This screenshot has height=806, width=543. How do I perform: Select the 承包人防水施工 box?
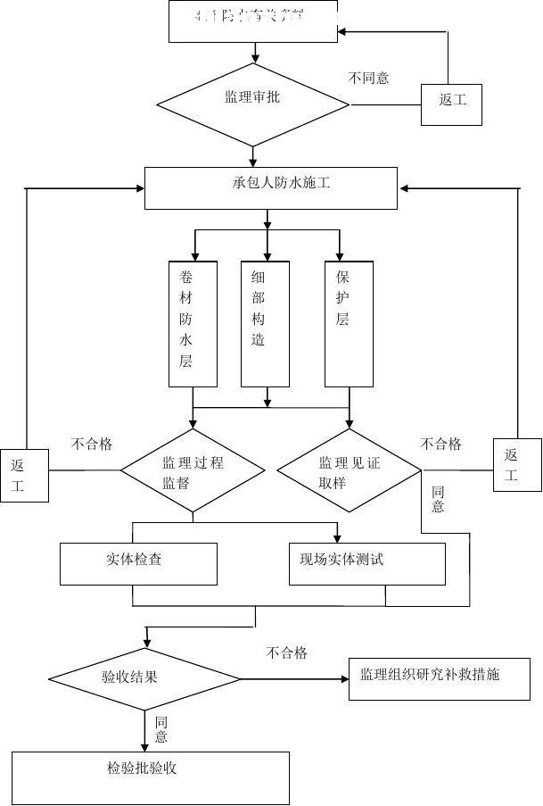click(270, 187)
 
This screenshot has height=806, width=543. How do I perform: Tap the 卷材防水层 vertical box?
click(193, 323)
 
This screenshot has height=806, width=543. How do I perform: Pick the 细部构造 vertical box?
click(265, 323)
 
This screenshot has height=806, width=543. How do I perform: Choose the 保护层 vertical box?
click(348, 323)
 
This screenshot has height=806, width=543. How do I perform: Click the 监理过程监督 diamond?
click(192, 470)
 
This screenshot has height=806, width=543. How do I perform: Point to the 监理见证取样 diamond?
click(349, 470)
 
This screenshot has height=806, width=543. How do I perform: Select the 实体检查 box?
click(138, 562)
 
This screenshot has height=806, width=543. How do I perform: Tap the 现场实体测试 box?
click(366, 562)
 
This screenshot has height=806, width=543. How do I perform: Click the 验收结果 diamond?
click(143, 677)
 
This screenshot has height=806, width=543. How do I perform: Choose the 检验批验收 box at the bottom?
click(151, 777)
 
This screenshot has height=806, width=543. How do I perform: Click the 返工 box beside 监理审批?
click(453, 99)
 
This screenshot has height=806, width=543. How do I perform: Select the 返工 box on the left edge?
click(23, 476)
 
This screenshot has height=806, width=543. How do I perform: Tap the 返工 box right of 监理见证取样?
click(517, 464)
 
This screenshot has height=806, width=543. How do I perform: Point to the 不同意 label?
click(368, 78)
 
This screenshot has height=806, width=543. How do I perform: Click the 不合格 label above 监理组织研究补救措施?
click(286, 653)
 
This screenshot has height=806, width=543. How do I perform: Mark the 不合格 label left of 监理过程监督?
click(92, 444)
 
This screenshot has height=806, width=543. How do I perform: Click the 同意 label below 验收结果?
click(161, 729)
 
